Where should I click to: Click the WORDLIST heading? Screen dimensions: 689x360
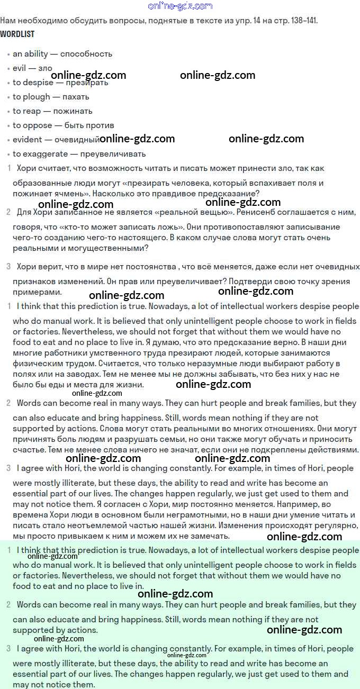(x=17, y=34)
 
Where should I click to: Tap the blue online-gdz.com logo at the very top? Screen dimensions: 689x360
(x=181, y=6)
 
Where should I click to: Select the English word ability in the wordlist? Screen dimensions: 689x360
(x=36, y=54)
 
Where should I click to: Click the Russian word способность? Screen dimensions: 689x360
(x=86, y=54)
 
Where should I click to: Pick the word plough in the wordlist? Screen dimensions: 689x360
(x=37, y=97)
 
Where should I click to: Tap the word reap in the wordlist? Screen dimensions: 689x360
(x=32, y=111)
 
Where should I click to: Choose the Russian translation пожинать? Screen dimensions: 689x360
(x=73, y=111)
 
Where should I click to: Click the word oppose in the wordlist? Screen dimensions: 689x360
(x=38, y=125)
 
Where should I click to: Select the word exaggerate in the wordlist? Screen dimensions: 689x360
(x=46, y=154)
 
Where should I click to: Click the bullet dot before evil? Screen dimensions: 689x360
(x=8, y=69)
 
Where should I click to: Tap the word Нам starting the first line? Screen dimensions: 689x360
(x=8, y=21)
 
